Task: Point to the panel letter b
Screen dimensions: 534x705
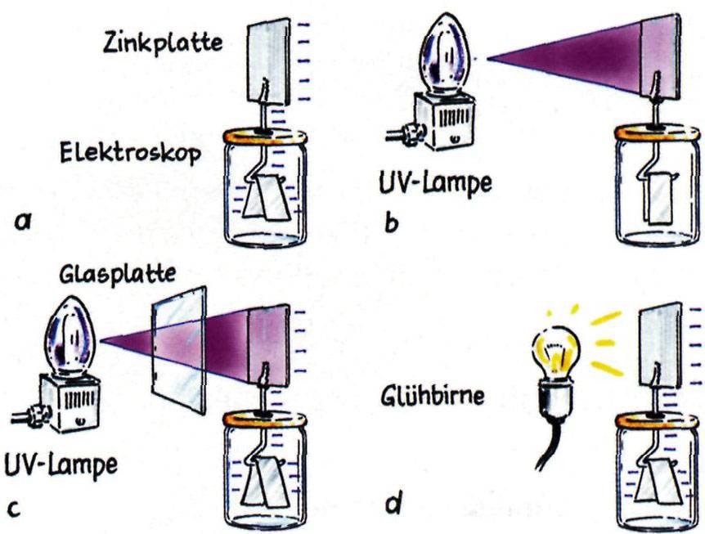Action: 390,220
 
